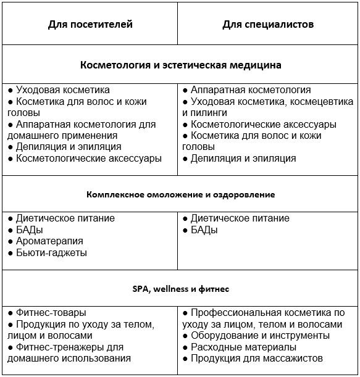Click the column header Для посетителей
[x=90, y=25]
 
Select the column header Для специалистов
[x=268, y=25]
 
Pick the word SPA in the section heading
[x=141, y=288]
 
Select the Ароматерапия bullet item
[x=49, y=241]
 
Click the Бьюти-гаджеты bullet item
[x=51, y=253]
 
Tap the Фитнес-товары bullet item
[x=51, y=313]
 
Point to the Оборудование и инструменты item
[x=260, y=336]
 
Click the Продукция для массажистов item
[x=257, y=358]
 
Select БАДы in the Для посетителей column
[x=30, y=230]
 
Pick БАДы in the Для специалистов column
[x=204, y=230]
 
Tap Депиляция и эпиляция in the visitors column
[x=69, y=147]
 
